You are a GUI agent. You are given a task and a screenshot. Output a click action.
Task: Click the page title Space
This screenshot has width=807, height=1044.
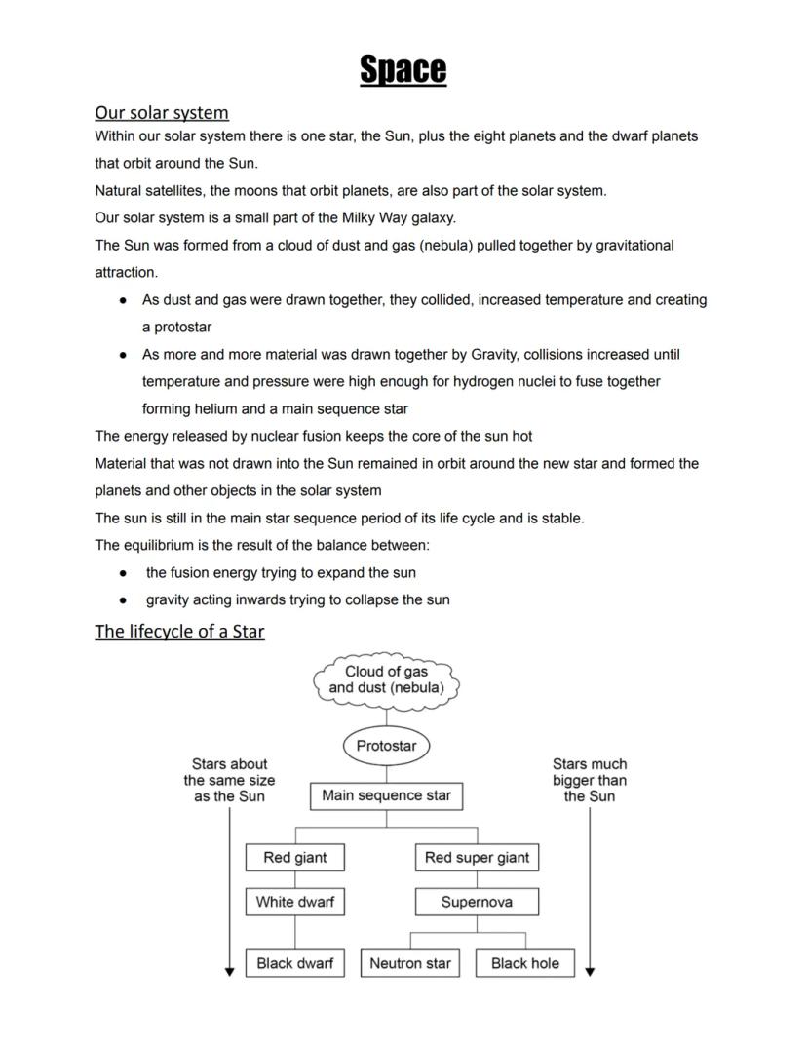(x=403, y=69)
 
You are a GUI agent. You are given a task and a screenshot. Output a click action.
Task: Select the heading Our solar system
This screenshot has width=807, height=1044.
(x=162, y=112)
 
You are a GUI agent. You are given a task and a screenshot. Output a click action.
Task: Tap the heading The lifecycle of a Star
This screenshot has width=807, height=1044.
(x=179, y=631)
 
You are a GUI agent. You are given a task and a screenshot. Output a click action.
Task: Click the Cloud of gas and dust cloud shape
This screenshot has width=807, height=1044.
(x=386, y=679)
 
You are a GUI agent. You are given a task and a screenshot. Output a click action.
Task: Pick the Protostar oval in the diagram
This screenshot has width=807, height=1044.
(x=386, y=746)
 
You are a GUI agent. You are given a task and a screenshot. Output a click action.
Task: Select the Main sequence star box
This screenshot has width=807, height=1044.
(x=386, y=795)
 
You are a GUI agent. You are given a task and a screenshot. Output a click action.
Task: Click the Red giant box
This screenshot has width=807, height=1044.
(x=294, y=858)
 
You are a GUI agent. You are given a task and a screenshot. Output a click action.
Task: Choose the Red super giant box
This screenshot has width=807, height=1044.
(x=477, y=858)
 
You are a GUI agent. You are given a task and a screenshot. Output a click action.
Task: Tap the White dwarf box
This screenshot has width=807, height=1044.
(x=294, y=902)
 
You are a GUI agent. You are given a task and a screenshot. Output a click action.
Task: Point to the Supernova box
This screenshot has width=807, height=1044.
(x=477, y=902)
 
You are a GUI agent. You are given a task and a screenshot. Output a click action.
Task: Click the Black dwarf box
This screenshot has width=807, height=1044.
(x=294, y=963)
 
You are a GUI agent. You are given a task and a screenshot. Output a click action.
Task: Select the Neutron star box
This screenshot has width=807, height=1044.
(x=410, y=963)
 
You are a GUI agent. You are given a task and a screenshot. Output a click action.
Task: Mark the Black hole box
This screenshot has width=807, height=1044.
(x=524, y=963)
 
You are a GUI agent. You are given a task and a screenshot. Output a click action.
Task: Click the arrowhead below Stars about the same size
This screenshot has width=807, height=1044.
(x=230, y=971)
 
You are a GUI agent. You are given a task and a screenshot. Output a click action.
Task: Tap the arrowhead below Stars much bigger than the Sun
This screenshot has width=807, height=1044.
(x=590, y=971)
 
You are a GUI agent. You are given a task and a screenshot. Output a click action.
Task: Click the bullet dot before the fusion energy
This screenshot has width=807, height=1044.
(x=123, y=573)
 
